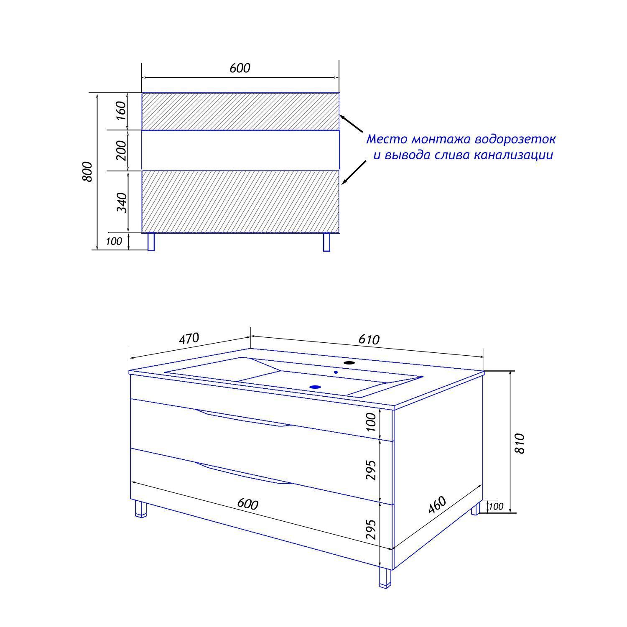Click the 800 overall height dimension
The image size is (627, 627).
point(87,171)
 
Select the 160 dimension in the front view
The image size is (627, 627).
point(120,111)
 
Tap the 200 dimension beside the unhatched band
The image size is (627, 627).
point(120,150)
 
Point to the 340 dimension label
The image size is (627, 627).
point(121,202)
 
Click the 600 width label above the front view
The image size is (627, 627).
point(240,68)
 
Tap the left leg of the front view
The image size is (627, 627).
point(151,242)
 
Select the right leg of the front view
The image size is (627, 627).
point(327,242)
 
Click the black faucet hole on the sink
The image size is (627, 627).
point(349,363)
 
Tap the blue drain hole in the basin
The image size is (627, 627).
point(316,387)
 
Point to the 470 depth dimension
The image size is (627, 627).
point(189,339)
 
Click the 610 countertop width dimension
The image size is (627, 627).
point(369,339)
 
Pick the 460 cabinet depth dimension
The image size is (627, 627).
point(438,505)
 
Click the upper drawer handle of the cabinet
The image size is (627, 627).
point(243,419)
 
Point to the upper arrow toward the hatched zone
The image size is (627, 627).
point(352,124)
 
